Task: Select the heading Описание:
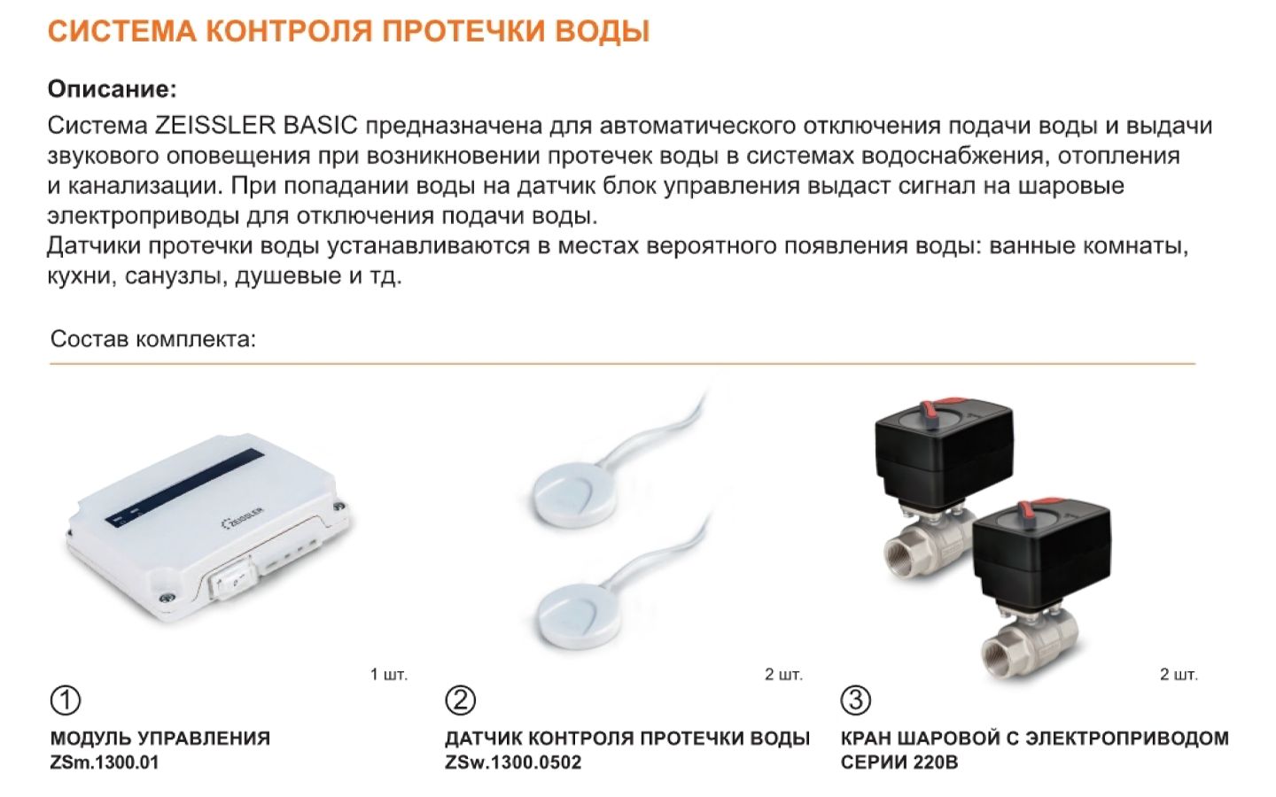click(x=113, y=89)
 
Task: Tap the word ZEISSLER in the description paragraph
click(x=215, y=125)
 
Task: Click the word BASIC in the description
click(x=320, y=125)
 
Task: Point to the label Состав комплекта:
click(x=153, y=339)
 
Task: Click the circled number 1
click(x=66, y=700)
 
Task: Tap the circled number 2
click(x=460, y=700)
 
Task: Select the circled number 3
click(x=856, y=700)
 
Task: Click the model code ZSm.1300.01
click(x=105, y=762)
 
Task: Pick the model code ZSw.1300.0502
click(x=513, y=762)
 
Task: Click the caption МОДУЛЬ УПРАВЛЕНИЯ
click(x=160, y=739)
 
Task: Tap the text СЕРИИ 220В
click(x=899, y=762)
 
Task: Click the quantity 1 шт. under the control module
click(x=389, y=675)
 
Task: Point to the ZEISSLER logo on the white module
click(x=243, y=517)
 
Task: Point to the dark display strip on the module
click(x=185, y=487)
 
